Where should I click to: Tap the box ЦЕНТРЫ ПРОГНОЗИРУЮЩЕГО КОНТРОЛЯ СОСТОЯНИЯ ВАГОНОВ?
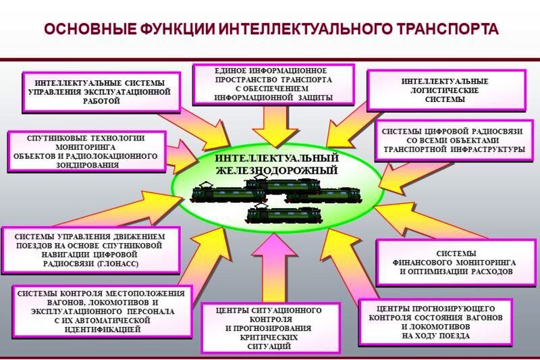435,322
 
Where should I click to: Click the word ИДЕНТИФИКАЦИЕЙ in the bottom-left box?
101,330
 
